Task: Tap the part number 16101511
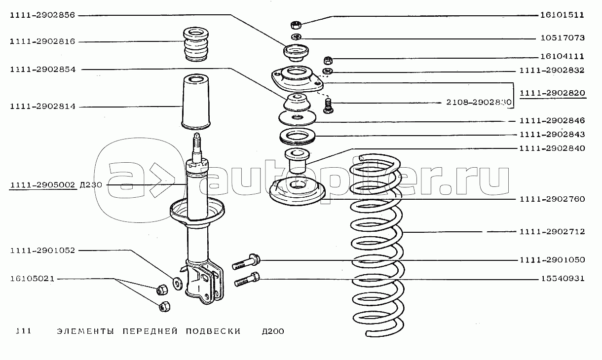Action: tap(562, 15)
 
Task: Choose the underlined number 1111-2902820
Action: tap(552, 92)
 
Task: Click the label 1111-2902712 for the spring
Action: tap(552, 231)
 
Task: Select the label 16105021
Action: tap(31, 279)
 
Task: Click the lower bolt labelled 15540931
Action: tap(246, 279)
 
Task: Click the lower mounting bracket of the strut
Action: tap(202, 281)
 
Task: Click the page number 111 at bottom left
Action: tap(23, 331)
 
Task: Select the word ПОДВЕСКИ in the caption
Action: tap(213, 331)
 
